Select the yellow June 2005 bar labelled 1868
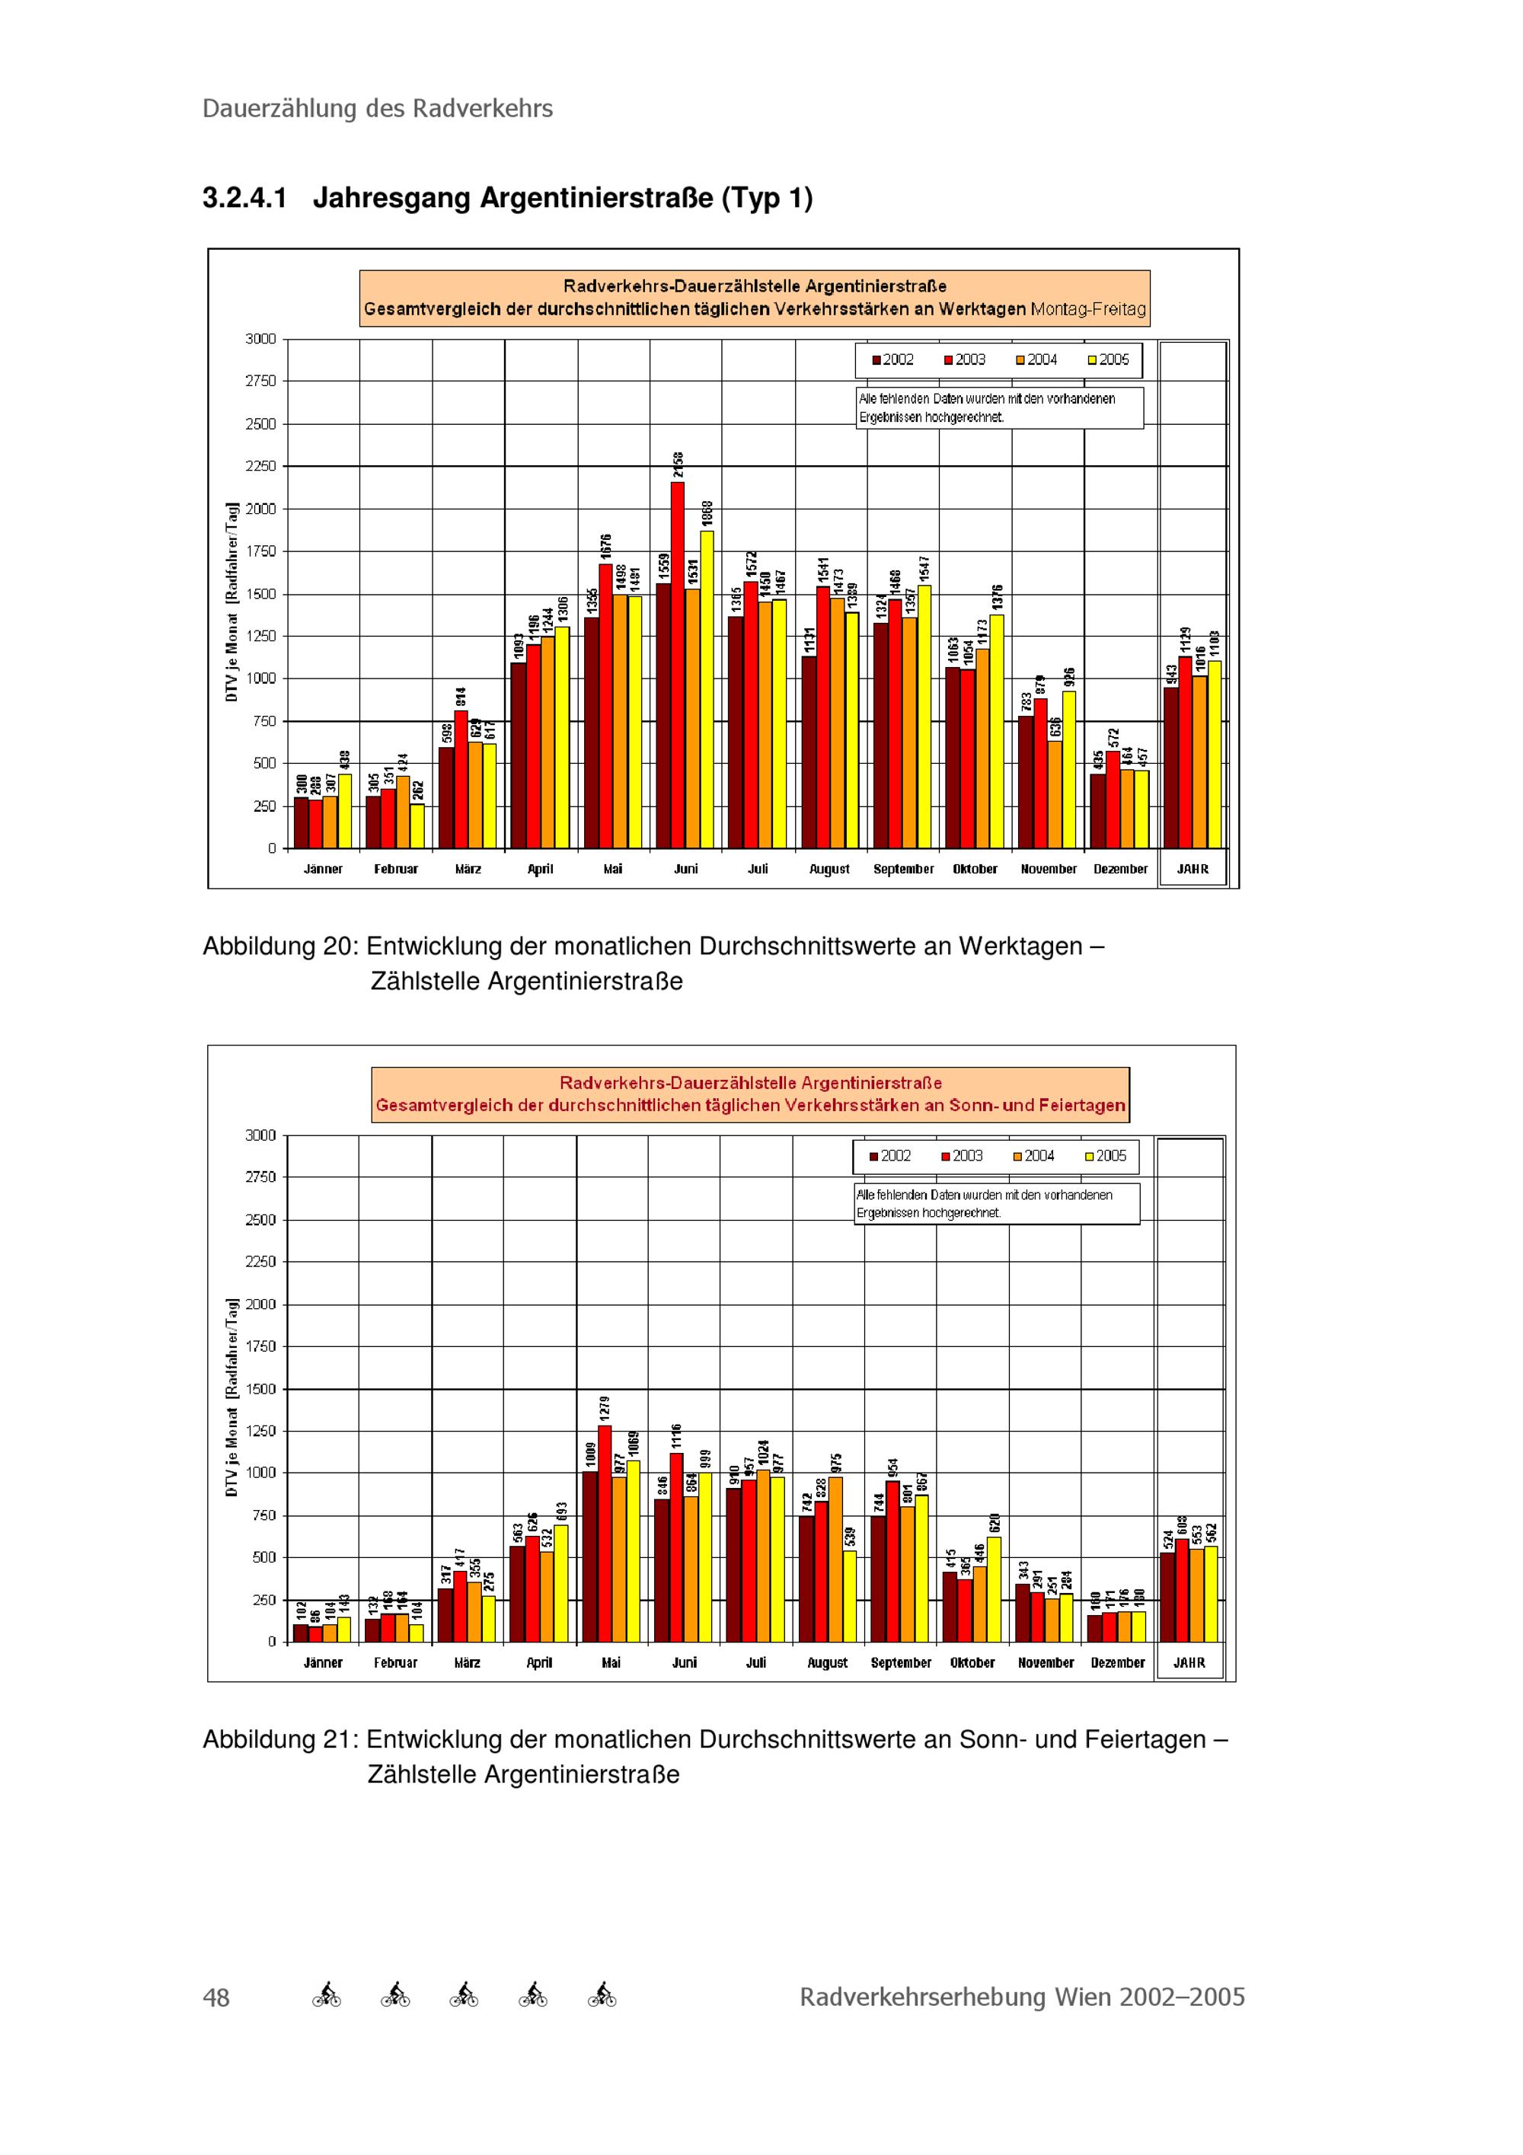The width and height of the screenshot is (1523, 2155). tap(707, 689)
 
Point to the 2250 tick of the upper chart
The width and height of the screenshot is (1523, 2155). tap(261, 467)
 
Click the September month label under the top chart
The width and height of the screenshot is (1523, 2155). tap(902, 869)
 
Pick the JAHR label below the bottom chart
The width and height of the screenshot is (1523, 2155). tap(1189, 1662)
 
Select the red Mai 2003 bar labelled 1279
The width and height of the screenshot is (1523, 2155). tap(605, 1534)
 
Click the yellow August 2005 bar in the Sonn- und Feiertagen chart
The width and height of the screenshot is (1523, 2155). tap(850, 1595)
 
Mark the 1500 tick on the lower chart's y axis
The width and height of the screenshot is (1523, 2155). tap(261, 1388)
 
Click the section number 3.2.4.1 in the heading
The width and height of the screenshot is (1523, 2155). tap(244, 198)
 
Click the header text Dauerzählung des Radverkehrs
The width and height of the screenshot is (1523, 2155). tap(377, 109)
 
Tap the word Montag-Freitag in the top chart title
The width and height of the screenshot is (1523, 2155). tap(1087, 309)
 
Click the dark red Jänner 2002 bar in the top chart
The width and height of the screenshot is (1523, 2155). tap(302, 822)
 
